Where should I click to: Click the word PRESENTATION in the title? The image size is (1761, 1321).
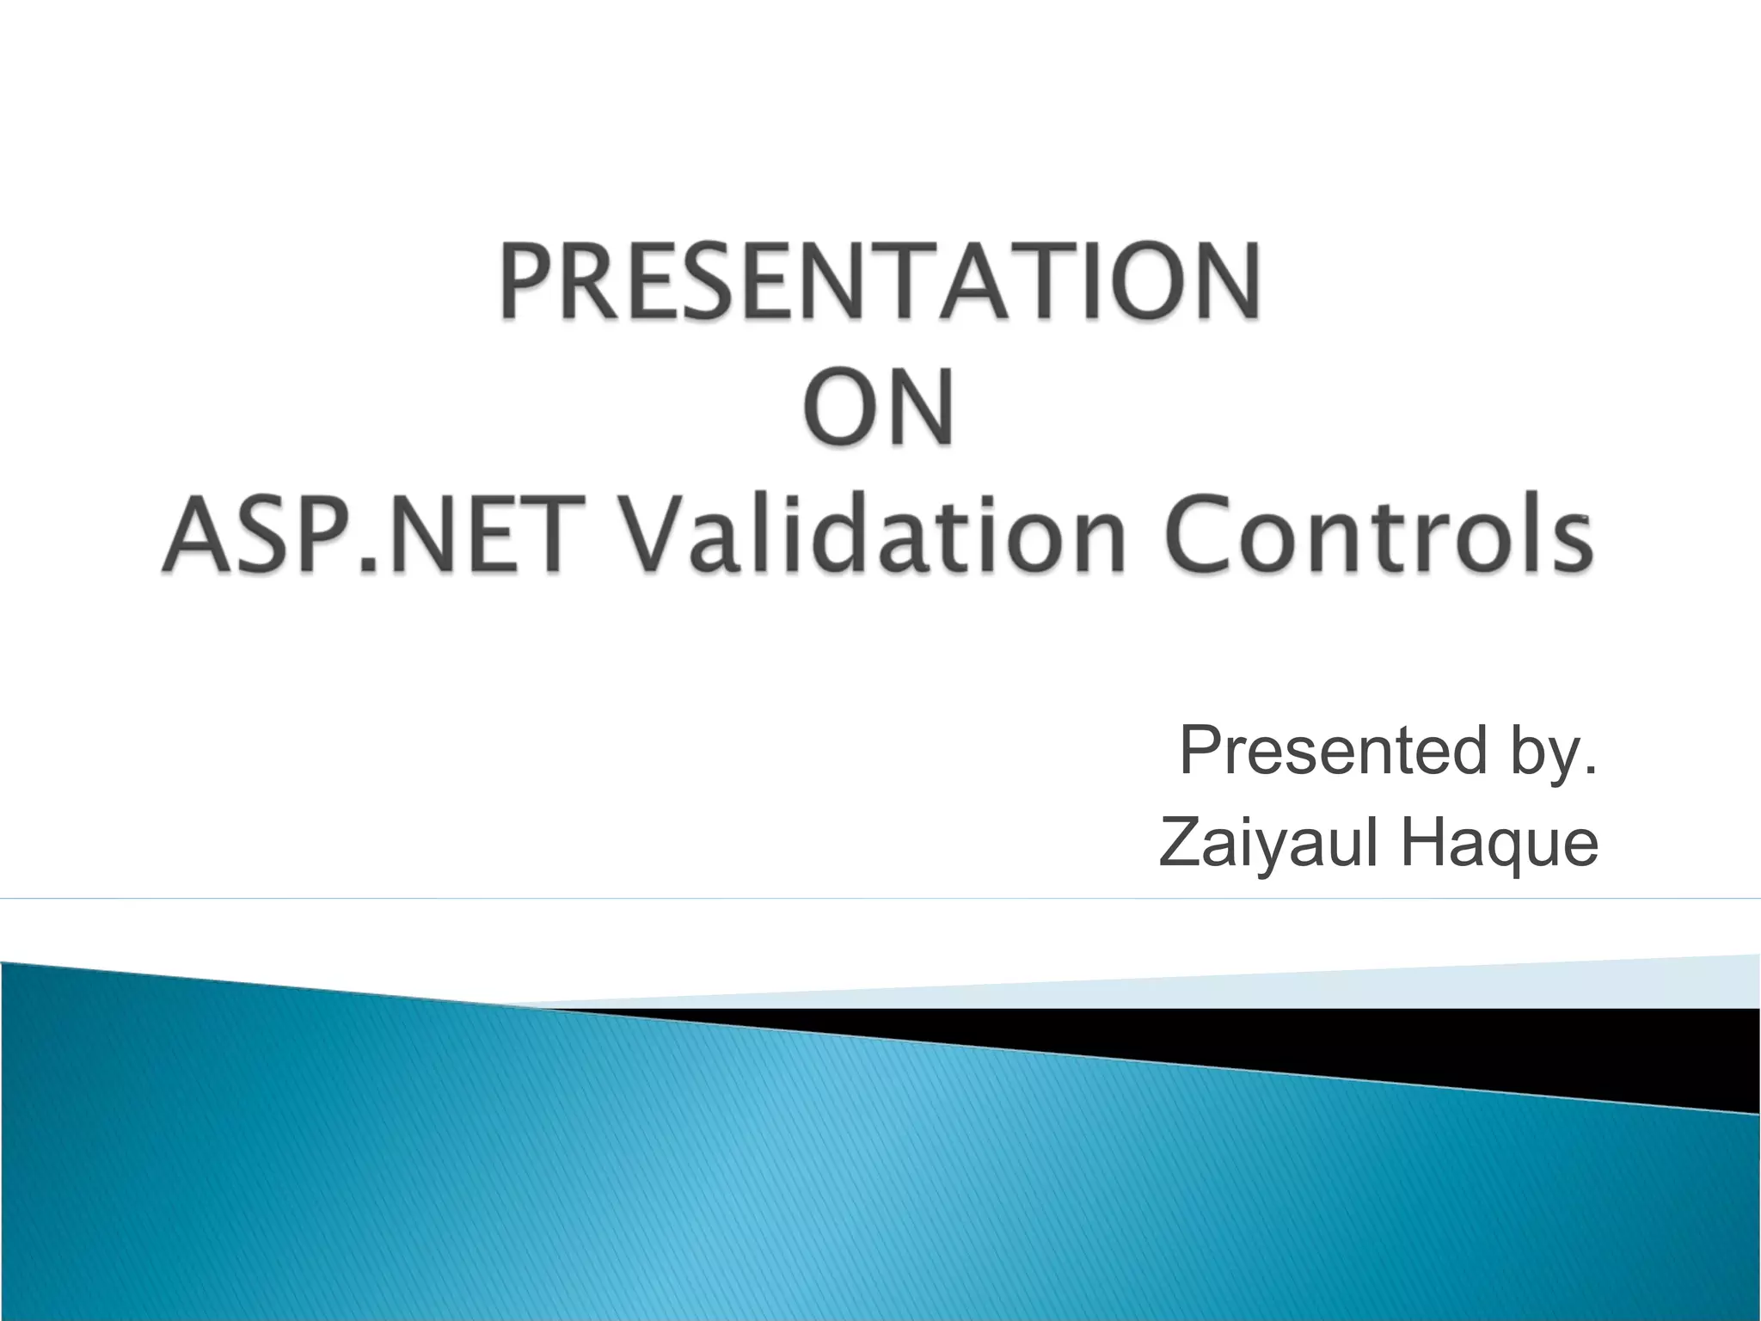coord(880,281)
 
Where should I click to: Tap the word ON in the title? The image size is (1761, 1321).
coord(880,407)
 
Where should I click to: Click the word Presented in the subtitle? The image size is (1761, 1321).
coord(1333,751)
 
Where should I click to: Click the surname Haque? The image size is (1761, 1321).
coord(1500,845)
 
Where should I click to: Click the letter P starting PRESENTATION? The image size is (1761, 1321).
coord(526,281)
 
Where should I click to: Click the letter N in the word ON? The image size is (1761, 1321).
coord(920,407)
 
